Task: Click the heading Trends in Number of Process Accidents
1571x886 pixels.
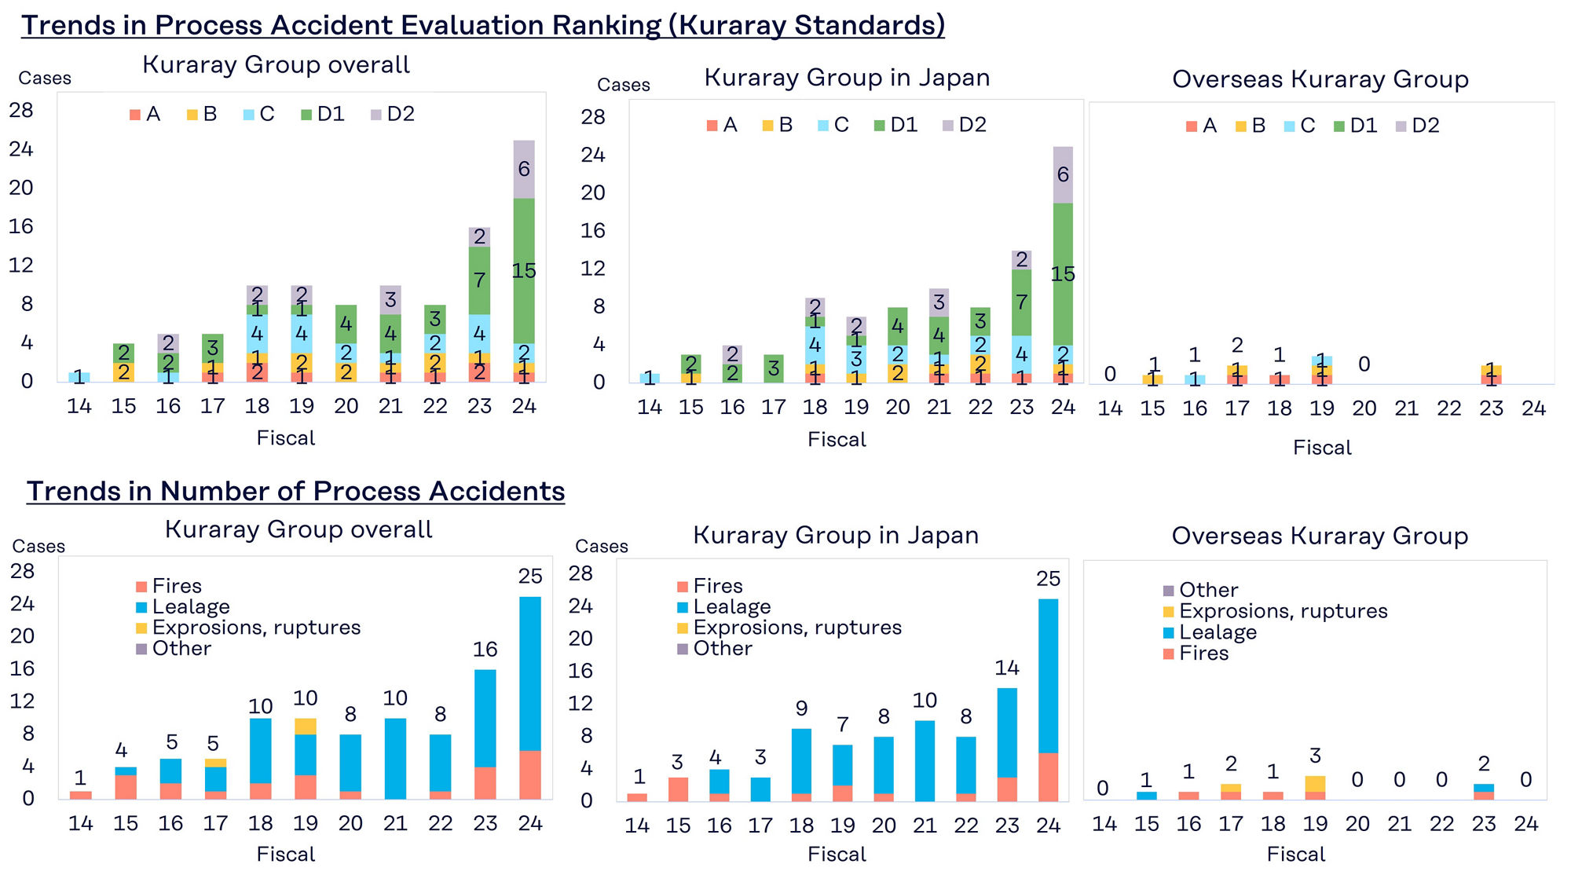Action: [295, 491]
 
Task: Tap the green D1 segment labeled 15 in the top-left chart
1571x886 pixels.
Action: [524, 271]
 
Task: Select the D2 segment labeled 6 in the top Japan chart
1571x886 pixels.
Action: [1063, 174]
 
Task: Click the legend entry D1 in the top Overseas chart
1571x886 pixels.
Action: [1356, 126]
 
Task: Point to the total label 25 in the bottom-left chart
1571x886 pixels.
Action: [530, 577]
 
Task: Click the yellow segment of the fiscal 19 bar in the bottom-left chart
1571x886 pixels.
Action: [306, 726]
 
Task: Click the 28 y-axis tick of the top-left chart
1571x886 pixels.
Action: [21, 111]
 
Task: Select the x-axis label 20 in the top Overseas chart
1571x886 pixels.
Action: [1364, 408]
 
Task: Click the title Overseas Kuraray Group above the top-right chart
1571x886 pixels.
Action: [1320, 79]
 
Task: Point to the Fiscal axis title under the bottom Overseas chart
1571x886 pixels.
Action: [1295, 855]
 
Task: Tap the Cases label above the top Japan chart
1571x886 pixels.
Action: [623, 85]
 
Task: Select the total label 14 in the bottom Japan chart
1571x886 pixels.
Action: [1007, 668]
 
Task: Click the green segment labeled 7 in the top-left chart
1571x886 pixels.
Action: [479, 280]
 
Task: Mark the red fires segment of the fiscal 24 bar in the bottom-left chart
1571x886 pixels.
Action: [530, 774]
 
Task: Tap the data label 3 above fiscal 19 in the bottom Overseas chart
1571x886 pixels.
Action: [1315, 756]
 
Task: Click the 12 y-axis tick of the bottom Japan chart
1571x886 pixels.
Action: [580, 703]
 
